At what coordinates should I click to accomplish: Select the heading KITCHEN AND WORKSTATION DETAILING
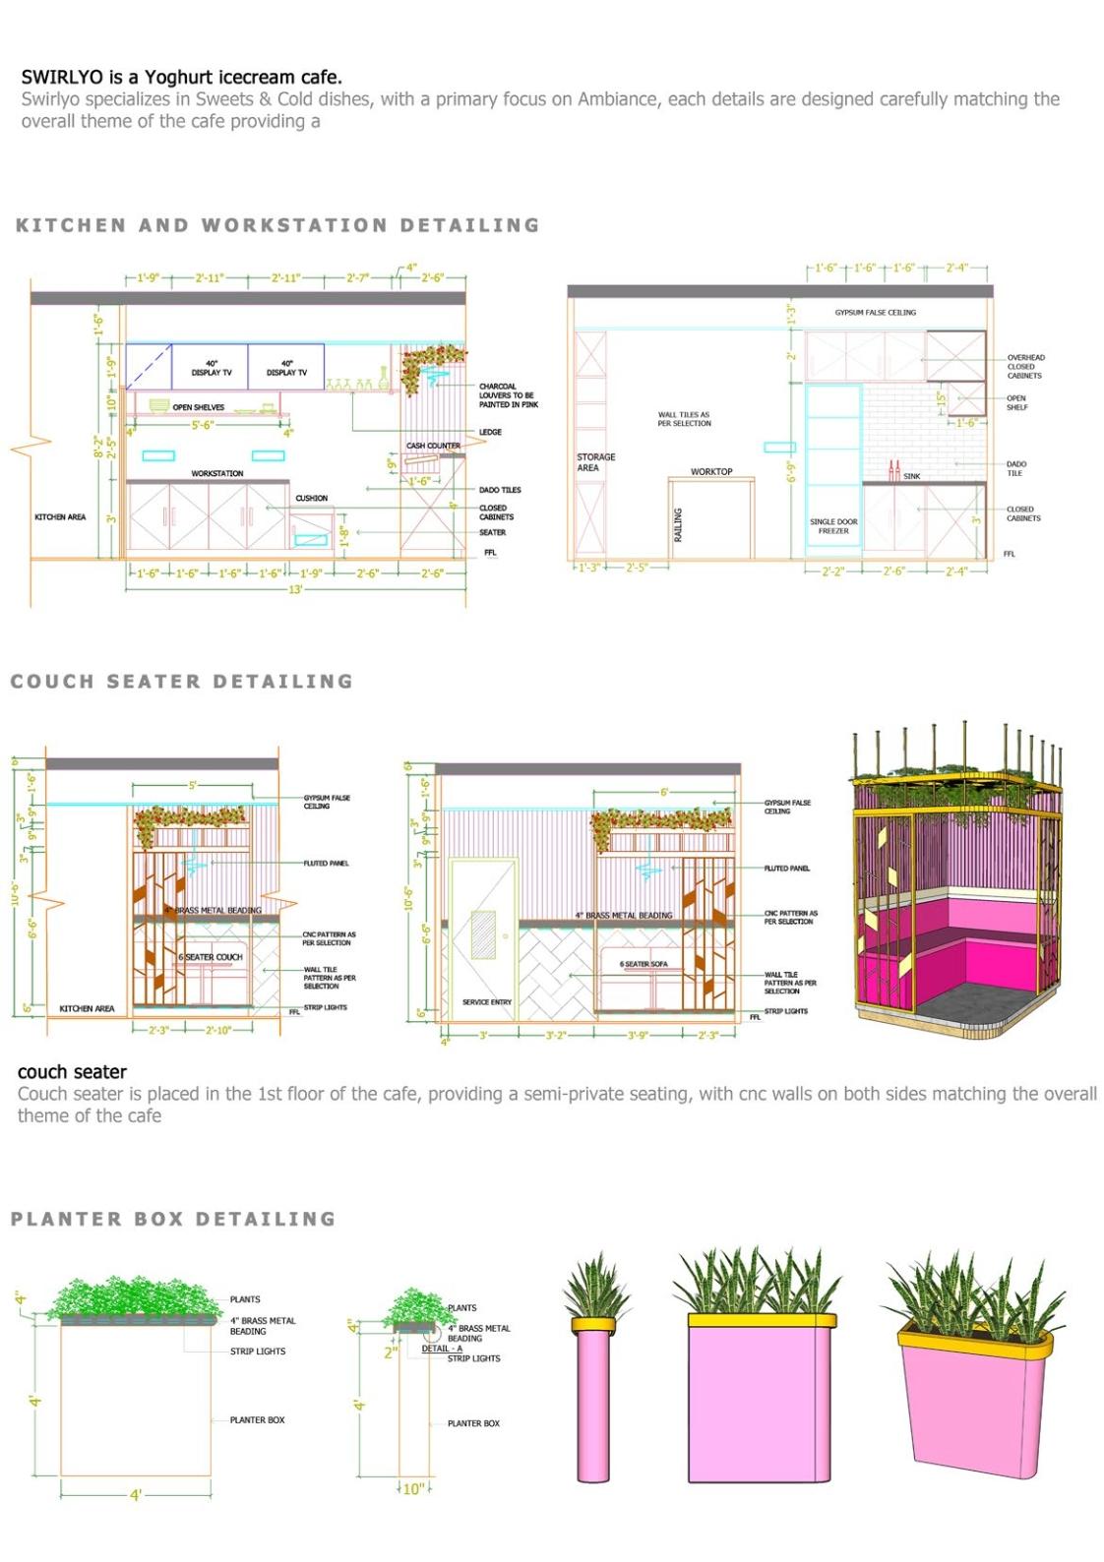(x=277, y=225)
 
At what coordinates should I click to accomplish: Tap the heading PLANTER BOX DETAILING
(x=173, y=1219)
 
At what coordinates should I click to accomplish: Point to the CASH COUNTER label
(x=433, y=446)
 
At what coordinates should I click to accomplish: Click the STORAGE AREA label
(x=595, y=462)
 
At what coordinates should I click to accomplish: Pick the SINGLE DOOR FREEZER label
(x=833, y=526)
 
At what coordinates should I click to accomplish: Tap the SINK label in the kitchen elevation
(x=912, y=476)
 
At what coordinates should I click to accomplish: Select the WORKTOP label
(x=710, y=472)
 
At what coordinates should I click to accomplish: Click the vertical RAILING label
(x=678, y=525)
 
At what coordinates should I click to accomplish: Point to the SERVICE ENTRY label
(x=487, y=1002)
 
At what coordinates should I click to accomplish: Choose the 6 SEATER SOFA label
(x=644, y=964)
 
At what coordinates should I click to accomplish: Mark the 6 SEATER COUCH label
(x=211, y=957)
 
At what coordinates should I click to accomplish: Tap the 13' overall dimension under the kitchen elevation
(x=295, y=589)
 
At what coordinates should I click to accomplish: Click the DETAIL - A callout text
(x=442, y=1349)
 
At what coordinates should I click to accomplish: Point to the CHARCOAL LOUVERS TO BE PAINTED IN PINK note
(x=508, y=395)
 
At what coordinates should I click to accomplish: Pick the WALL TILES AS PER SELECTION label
(x=684, y=419)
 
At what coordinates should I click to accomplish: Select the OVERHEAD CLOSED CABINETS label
(x=1025, y=367)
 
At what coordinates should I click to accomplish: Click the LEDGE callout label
(x=490, y=432)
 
